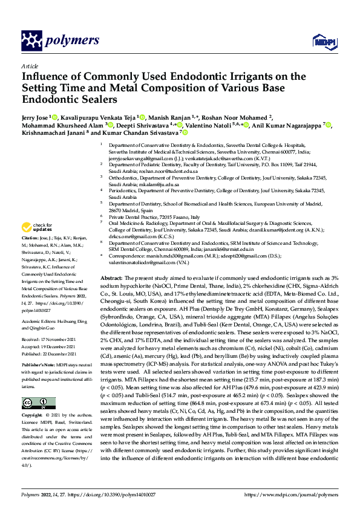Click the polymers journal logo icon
pos(31,41)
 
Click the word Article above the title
pos(30,65)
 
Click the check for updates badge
pos(34,228)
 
